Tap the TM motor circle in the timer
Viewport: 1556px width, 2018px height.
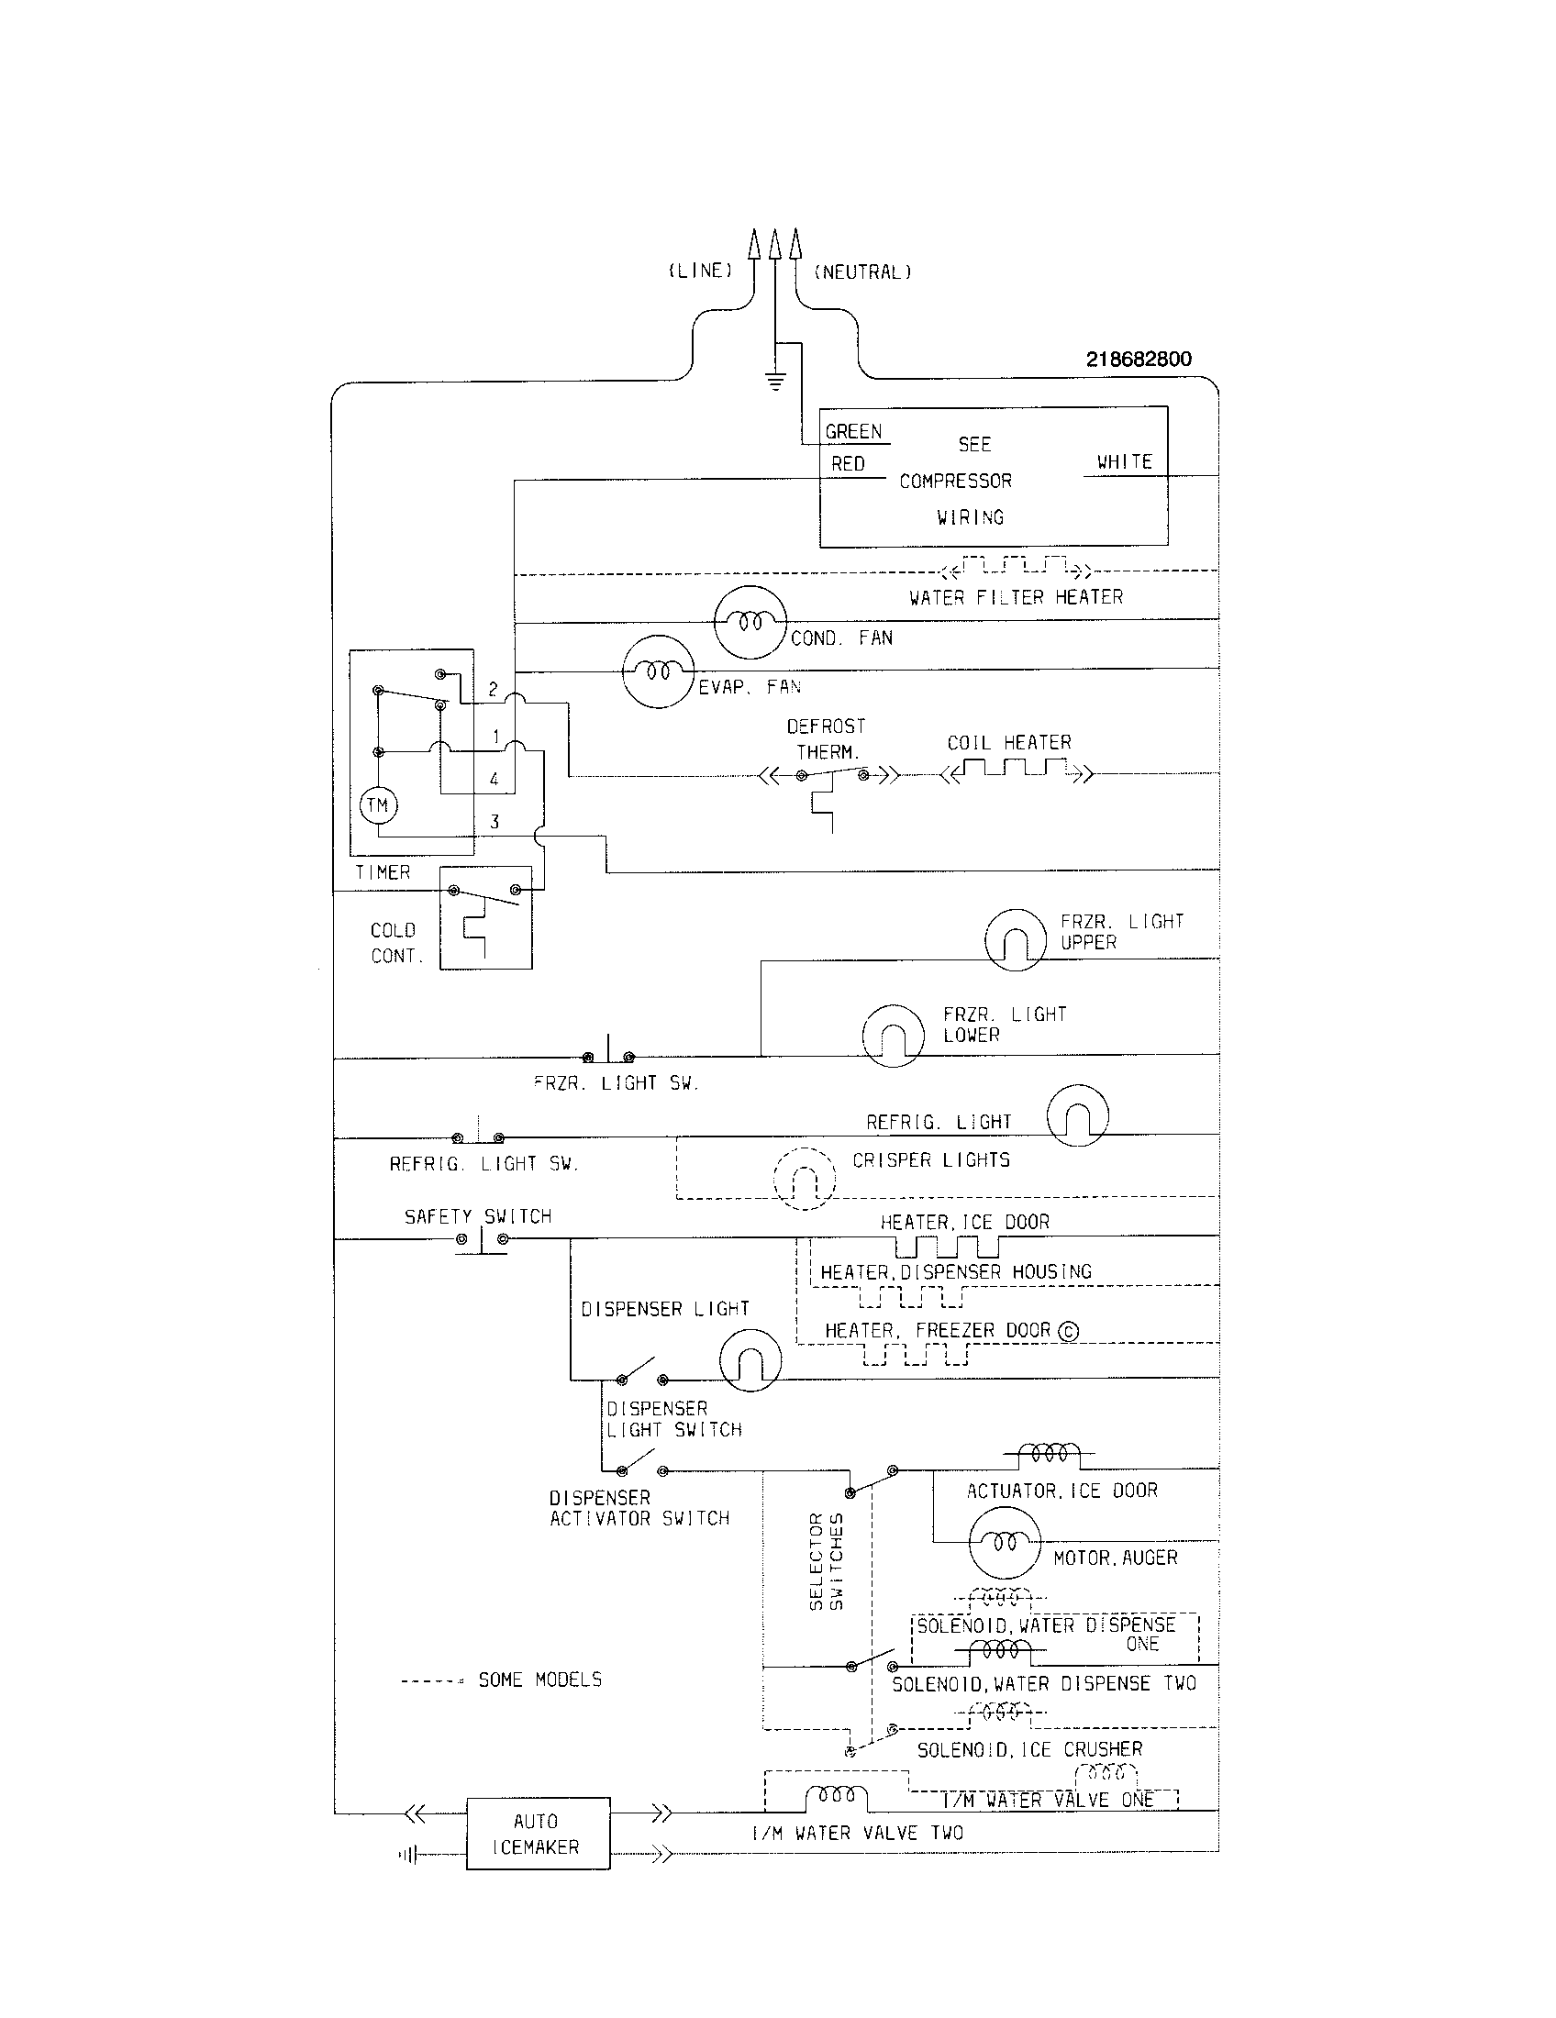377,804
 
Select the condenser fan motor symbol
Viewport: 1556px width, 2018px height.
750,622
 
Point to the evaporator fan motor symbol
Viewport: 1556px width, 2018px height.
658,671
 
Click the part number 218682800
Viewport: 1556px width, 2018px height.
1139,360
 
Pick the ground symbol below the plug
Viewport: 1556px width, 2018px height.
776,380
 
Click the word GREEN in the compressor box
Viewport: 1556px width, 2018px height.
853,431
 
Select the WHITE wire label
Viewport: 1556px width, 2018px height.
1125,461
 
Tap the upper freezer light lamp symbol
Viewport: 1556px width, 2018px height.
1015,938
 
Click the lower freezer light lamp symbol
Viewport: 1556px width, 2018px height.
893,1036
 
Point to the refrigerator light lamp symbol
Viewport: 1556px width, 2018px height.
1077,1114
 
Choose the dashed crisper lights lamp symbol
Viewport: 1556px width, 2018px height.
805,1178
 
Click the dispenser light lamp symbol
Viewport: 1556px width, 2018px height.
750,1360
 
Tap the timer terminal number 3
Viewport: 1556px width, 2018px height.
495,822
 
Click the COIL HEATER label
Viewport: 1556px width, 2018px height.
1009,743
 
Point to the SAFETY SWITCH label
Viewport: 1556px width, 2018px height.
478,1217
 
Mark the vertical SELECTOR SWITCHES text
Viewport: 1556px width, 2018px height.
826,1560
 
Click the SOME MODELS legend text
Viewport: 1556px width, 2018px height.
539,1680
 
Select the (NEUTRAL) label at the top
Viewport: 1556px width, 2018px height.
862,272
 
